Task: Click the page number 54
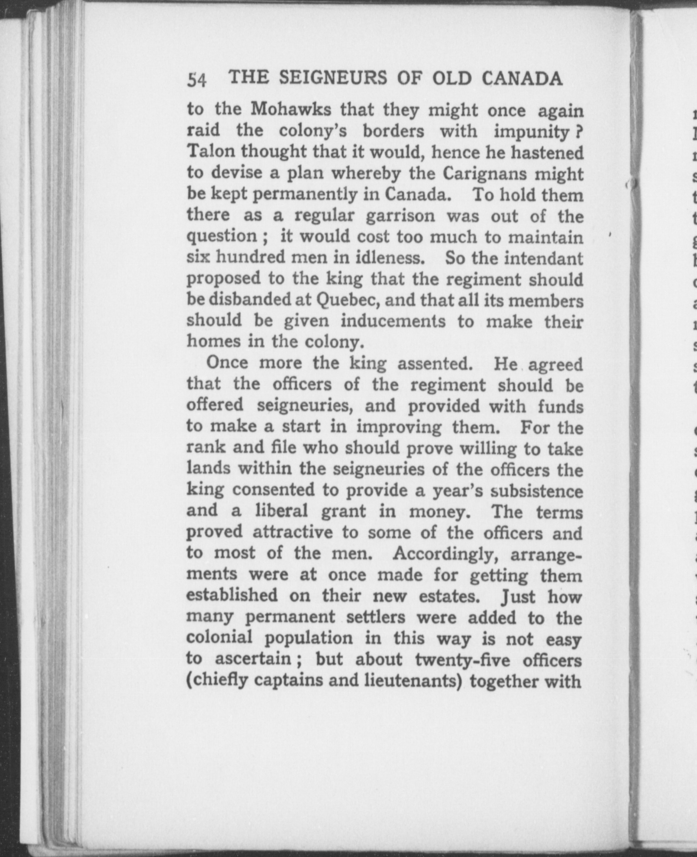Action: (x=197, y=79)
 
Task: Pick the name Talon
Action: (x=209, y=152)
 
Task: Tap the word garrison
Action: (x=401, y=216)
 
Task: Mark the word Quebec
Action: (x=344, y=301)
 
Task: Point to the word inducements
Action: (x=393, y=321)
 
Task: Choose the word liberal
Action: (x=281, y=511)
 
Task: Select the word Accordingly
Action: (x=445, y=553)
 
